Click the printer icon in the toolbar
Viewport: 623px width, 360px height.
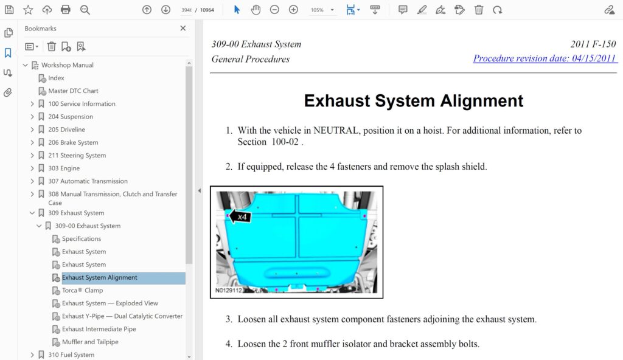click(66, 10)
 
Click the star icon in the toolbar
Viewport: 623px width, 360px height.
click(28, 10)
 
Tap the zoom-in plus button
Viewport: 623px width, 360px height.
click(293, 10)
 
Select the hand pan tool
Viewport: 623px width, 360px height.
click(256, 10)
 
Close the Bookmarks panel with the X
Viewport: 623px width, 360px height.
click(183, 28)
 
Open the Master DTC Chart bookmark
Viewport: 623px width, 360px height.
click(73, 91)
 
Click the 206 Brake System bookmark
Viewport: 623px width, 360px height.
click(73, 142)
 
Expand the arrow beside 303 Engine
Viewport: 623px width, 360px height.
click(32, 168)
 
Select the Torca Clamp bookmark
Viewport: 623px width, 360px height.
click(82, 290)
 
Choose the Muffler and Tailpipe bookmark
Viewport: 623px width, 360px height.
click(90, 342)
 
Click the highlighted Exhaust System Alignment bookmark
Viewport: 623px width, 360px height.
click(99, 277)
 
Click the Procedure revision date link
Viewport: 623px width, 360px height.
click(545, 58)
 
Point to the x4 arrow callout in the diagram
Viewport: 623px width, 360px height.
click(240, 216)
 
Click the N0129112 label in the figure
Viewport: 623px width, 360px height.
click(229, 290)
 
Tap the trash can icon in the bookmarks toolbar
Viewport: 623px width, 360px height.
click(51, 46)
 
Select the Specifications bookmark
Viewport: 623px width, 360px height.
click(82, 238)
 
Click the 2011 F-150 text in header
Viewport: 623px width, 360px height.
click(593, 44)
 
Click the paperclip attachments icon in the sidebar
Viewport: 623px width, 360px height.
click(8, 92)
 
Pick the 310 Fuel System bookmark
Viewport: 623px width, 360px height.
click(71, 355)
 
